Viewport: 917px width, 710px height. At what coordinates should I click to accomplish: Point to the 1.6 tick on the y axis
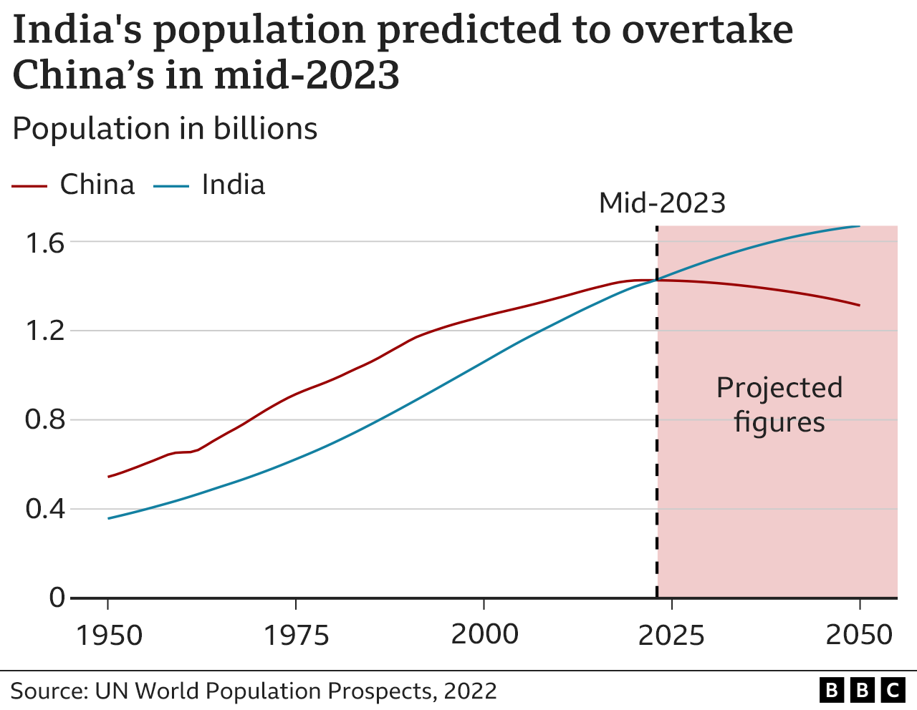click(45, 243)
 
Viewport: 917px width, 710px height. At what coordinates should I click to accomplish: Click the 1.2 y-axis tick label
click(45, 331)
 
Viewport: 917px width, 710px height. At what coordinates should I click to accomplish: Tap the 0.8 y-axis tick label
click(45, 420)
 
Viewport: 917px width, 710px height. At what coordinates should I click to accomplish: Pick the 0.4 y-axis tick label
click(45, 509)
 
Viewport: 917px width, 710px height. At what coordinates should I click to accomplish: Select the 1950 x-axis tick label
click(108, 635)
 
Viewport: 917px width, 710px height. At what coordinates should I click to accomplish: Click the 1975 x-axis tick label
click(296, 635)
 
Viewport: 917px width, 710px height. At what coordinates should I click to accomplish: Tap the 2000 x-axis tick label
click(484, 635)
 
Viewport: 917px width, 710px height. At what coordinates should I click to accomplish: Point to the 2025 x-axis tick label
click(671, 635)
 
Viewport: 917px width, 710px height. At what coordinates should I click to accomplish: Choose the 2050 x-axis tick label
click(859, 635)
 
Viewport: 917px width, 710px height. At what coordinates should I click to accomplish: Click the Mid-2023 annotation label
click(662, 203)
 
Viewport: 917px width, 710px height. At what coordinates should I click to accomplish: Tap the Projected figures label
click(779, 404)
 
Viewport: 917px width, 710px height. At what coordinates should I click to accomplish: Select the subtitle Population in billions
click(165, 129)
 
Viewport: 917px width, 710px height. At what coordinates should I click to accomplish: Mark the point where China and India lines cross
click(656, 280)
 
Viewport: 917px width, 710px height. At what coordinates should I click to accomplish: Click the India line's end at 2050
click(859, 226)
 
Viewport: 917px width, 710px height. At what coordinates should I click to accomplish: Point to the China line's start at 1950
click(109, 477)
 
